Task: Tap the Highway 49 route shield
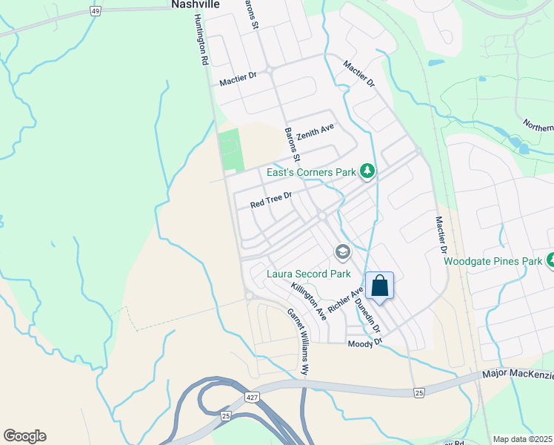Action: [95, 11]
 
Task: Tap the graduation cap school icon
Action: [342, 253]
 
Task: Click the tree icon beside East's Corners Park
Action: [367, 172]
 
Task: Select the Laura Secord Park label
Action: [308, 274]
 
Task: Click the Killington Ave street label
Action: [309, 300]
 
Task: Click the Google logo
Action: [24, 436]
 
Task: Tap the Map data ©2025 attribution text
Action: [522, 439]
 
